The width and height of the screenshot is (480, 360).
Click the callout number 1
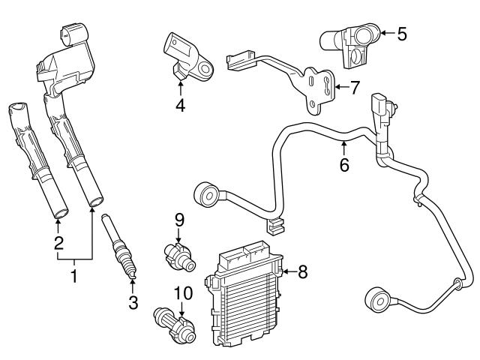coord(74,277)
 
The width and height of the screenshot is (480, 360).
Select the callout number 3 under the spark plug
coord(133,302)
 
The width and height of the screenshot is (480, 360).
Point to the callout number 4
coord(180,105)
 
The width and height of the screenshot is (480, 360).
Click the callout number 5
coord(402,34)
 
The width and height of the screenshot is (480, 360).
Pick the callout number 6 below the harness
coord(344,165)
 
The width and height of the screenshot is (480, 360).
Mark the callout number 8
coord(302,271)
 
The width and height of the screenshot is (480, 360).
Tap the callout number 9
coord(179,219)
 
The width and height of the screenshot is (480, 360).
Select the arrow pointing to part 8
coord(289,271)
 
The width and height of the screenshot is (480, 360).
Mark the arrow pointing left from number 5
coord(387,33)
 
